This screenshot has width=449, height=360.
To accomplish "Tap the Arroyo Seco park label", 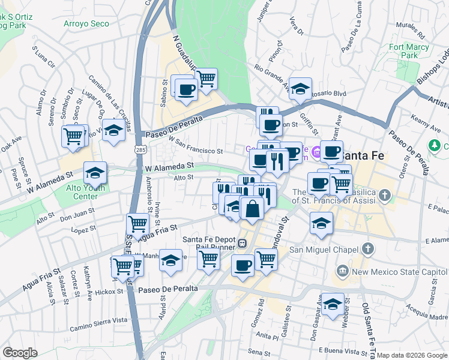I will [x=86, y=24].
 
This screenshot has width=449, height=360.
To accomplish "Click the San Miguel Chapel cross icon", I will [x=368, y=249].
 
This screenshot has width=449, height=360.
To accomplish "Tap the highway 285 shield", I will [x=139, y=148].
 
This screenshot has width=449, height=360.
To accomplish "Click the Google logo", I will [x=20, y=353].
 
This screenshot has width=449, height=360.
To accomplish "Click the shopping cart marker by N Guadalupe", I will [x=206, y=79].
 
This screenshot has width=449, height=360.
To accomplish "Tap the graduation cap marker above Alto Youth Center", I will [x=95, y=173].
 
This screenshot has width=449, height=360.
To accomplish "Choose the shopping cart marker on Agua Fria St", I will [x=137, y=224].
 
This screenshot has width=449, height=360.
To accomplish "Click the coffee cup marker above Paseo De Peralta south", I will [x=243, y=265].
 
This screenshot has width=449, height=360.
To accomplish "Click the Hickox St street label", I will [x=109, y=292].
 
